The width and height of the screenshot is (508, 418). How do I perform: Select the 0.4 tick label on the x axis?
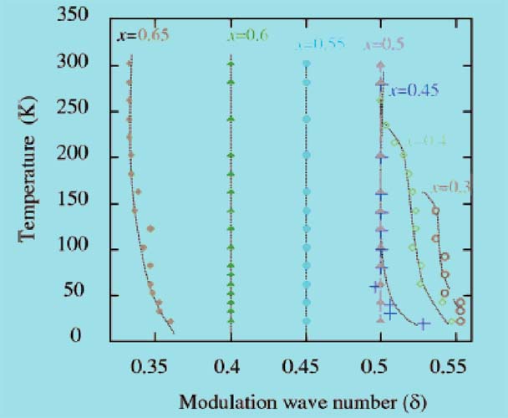click(x=230, y=367)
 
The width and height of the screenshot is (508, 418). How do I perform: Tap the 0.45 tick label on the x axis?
click(x=306, y=367)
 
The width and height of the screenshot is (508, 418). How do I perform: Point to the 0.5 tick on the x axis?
click(x=380, y=367)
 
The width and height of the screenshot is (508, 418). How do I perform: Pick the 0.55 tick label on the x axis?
click(x=454, y=367)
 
